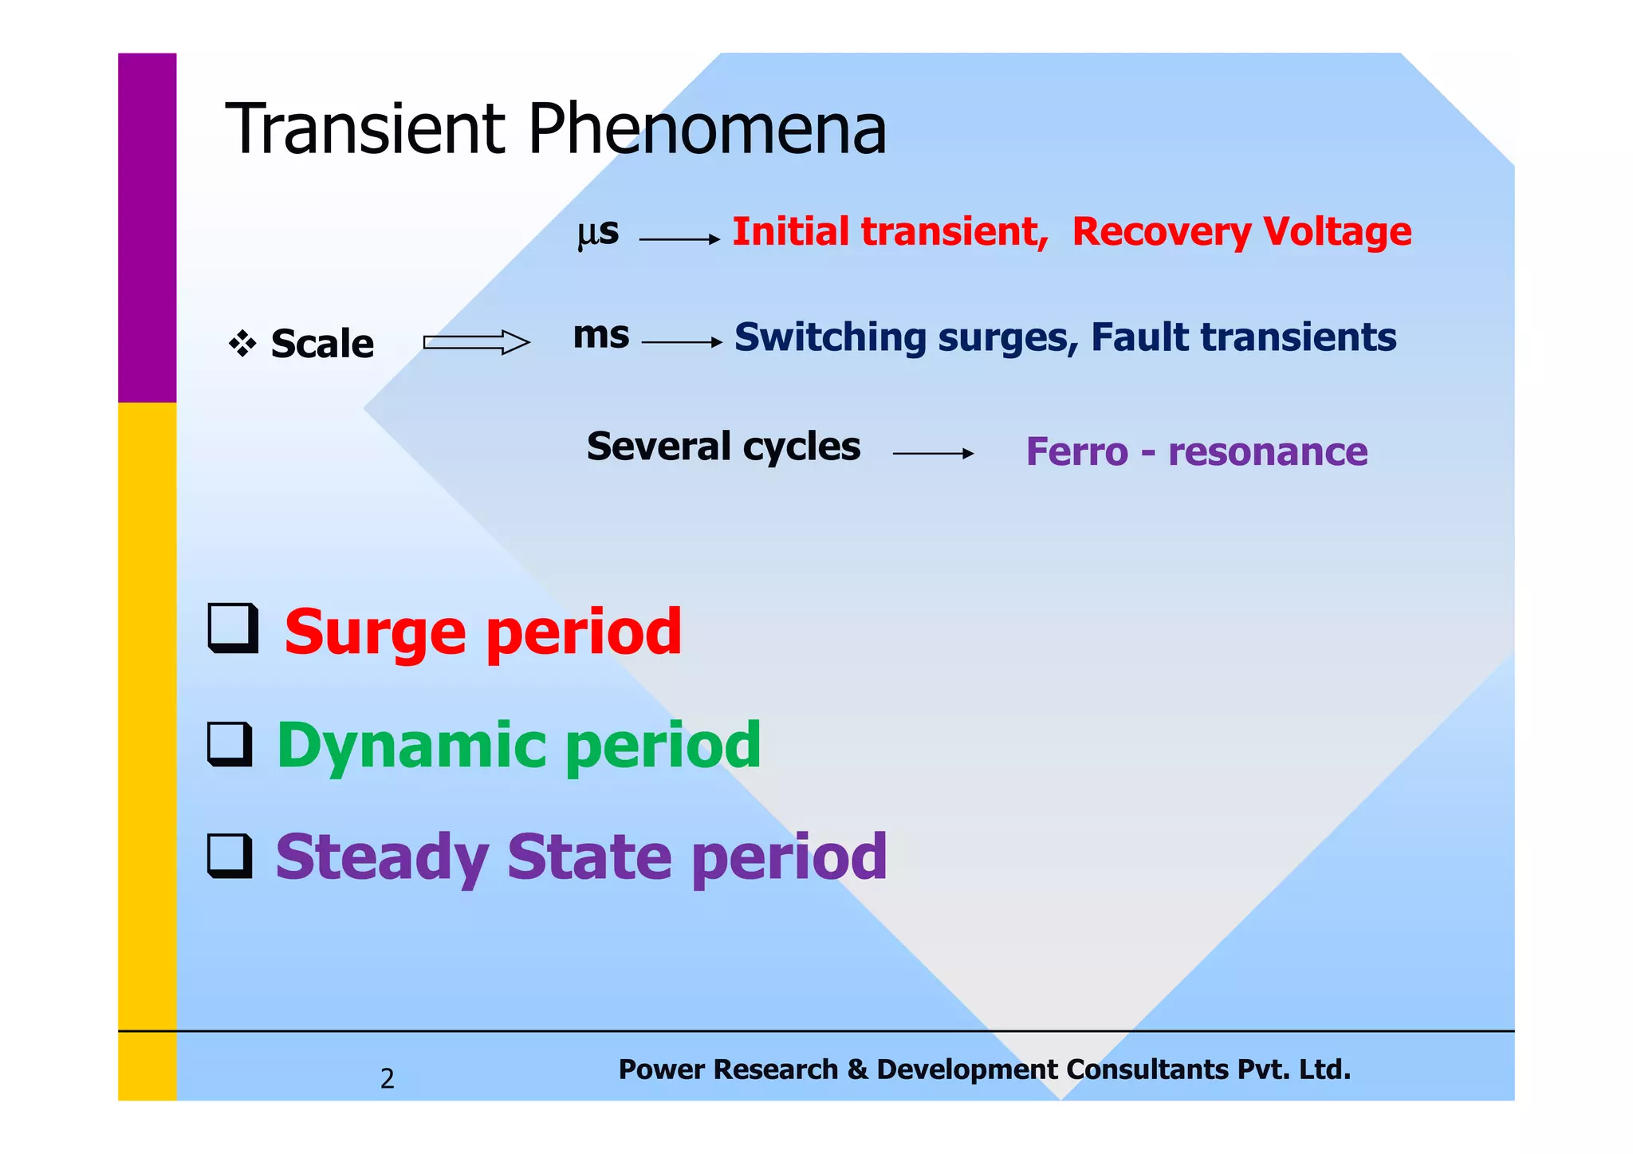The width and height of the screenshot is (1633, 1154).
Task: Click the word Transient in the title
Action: [x=365, y=129]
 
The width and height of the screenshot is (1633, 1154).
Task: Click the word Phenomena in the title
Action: [x=706, y=129]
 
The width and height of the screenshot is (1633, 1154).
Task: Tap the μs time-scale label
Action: [x=597, y=232]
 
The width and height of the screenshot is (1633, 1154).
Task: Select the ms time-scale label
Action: [x=600, y=336]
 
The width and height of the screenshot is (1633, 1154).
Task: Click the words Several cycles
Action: [x=723, y=447]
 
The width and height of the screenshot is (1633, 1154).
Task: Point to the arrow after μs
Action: [x=679, y=239]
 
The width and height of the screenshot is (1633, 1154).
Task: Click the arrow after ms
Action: [x=682, y=343]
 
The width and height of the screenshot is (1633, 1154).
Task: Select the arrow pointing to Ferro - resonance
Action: [x=933, y=454]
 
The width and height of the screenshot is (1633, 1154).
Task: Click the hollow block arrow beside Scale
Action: [x=476, y=343]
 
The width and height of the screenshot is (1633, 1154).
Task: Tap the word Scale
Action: [x=322, y=345]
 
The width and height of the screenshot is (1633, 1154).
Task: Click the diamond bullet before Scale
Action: [x=242, y=345]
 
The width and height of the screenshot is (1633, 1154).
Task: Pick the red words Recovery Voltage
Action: [x=1241, y=232]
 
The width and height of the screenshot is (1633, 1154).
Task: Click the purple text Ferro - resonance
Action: [x=1196, y=452]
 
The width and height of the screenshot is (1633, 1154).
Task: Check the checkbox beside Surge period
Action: [x=233, y=628]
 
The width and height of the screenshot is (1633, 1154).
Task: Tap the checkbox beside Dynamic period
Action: [x=230, y=744]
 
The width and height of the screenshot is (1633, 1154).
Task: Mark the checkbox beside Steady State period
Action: [x=230, y=856]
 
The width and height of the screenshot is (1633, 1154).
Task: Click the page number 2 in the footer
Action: [x=387, y=1078]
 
